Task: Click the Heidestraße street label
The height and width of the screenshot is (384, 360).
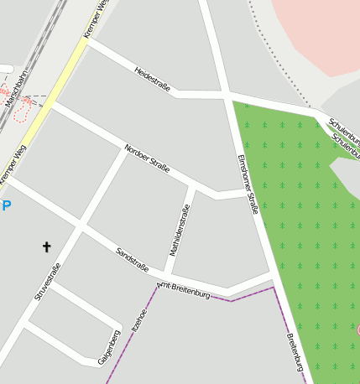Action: click(x=151, y=80)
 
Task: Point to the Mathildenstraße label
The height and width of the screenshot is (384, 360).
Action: click(x=180, y=230)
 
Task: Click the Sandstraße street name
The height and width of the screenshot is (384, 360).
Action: click(x=133, y=260)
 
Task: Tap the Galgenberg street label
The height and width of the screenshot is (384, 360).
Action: click(x=109, y=346)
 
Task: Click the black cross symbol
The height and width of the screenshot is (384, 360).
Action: click(x=46, y=246)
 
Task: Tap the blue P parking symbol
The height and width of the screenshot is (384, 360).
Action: click(x=7, y=205)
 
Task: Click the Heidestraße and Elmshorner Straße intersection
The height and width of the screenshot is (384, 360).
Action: click(x=227, y=94)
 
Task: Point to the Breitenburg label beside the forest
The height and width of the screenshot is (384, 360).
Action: click(x=294, y=353)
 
